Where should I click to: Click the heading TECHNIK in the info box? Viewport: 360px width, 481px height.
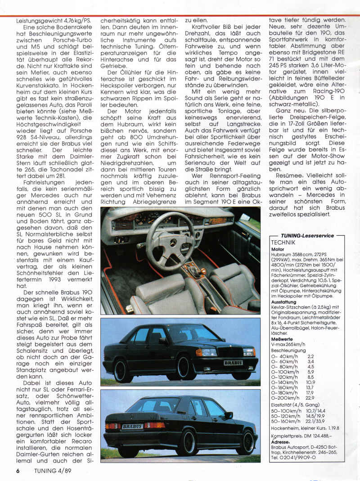tap(284, 242)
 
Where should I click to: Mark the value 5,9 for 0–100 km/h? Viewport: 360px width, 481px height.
tap(310, 372)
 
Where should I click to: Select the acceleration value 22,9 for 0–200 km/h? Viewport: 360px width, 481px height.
tap(310, 397)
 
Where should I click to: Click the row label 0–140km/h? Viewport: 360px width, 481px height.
tap(286, 382)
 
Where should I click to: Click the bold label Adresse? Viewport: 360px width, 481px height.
tap(281, 441)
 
